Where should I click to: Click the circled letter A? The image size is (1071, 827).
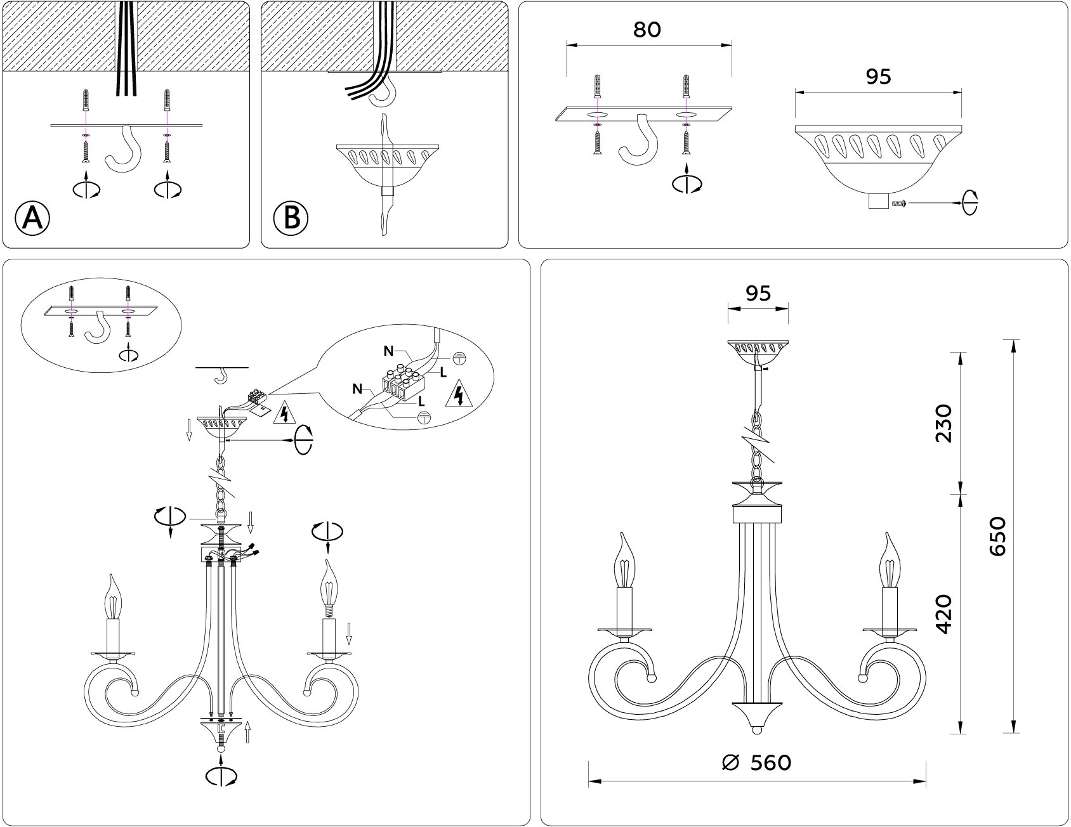click(x=31, y=218)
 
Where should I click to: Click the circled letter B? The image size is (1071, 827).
click(x=291, y=218)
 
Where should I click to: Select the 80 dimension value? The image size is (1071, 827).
click(x=647, y=29)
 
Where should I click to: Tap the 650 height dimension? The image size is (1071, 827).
click(x=997, y=536)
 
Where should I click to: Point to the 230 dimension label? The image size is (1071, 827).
click(x=944, y=422)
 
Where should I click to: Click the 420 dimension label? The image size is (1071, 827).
click(x=944, y=613)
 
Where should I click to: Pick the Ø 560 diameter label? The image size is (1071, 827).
click(x=757, y=762)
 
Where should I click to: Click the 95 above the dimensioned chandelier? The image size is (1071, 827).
click(x=758, y=293)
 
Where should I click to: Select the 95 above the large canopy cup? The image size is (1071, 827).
click(x=878, y=76)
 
